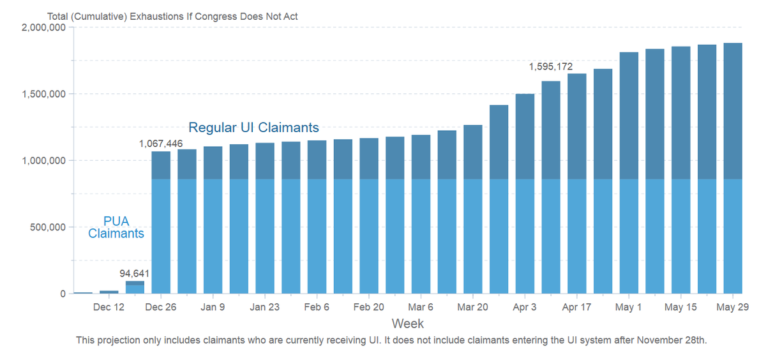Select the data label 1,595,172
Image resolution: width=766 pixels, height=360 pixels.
[551, 66]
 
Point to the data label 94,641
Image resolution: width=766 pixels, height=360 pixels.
[134, 274]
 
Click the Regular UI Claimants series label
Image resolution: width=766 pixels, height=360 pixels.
[253, 128]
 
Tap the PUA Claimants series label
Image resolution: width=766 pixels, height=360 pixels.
[116, 227]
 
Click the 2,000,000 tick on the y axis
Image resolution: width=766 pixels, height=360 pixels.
[43, 27]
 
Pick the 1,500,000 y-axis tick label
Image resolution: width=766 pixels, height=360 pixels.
[43, 94]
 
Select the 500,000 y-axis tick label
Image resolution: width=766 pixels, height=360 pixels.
[48, 227]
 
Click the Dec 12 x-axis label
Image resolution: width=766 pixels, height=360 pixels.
[109, 307]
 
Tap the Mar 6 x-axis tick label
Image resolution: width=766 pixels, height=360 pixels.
[421, 307]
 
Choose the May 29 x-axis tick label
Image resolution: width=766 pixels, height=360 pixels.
[733, 307]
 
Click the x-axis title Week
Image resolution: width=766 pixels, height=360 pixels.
[407, 323]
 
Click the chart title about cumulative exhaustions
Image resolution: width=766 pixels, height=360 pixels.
[172, 16]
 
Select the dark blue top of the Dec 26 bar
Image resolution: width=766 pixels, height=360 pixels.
[161, 165]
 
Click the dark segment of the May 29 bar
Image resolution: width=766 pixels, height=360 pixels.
[733, 111]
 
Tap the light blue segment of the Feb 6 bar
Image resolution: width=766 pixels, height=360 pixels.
[317, 236]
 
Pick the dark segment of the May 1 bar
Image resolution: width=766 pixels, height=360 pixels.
[629, 116]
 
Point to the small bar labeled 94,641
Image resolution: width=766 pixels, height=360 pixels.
[135, 287]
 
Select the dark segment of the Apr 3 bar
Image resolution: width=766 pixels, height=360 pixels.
[525, 137]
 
